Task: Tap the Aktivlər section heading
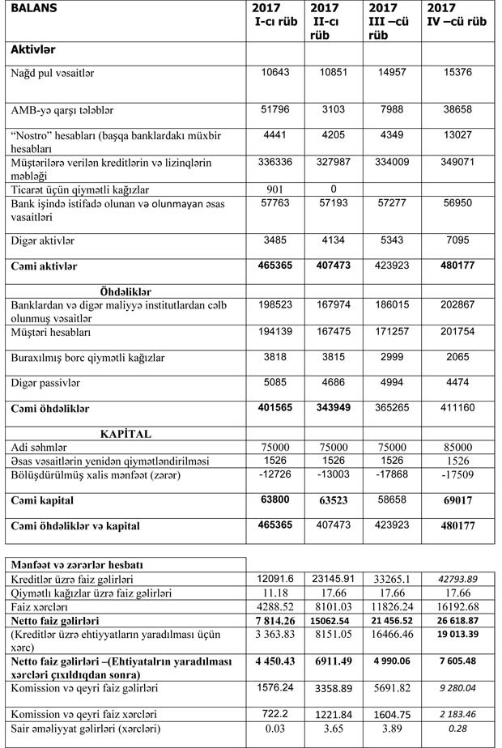pos(38,50)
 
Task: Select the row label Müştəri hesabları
pos(49,333)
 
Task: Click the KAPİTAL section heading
pos(125,434)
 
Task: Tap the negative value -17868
pos(394,474)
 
